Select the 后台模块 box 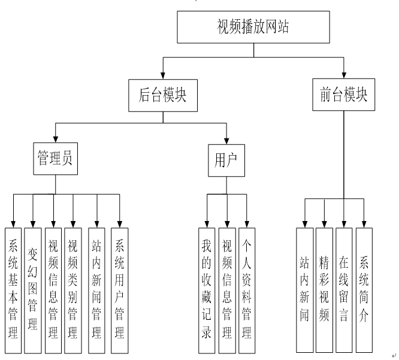[159, 95]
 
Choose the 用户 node [226, 161]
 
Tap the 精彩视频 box [324, 289]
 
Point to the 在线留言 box [344, 289]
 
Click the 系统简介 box [364, 289]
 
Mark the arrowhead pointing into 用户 [226, 141]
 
